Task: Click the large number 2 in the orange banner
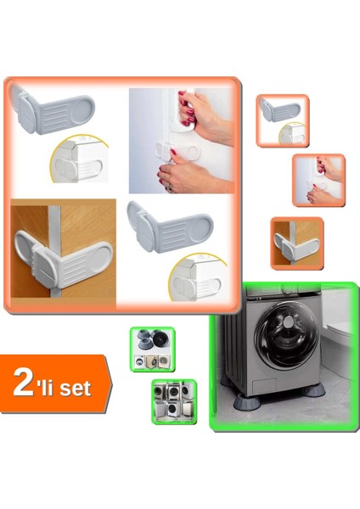(25, 383)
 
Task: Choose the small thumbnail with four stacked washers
(173, 401)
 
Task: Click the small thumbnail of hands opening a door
(318, 179)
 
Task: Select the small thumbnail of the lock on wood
(296, 242)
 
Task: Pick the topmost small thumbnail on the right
(282, 120)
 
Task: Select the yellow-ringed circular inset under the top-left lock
(81, 162)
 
